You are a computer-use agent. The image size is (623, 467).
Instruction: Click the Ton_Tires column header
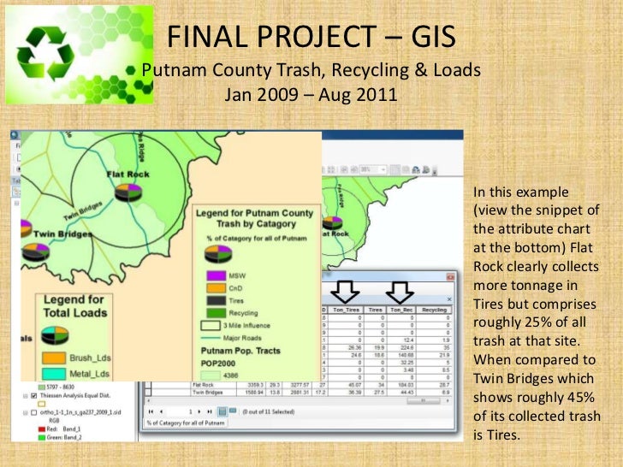(x=347, y=310)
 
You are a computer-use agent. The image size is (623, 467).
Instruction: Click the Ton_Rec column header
(x=400, y=310)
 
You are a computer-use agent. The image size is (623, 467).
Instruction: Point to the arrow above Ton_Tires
(x=347, y=290)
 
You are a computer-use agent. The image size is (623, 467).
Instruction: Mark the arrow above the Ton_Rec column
(x=400, y=290)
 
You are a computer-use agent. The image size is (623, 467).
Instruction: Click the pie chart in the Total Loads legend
(x=35, y=254)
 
